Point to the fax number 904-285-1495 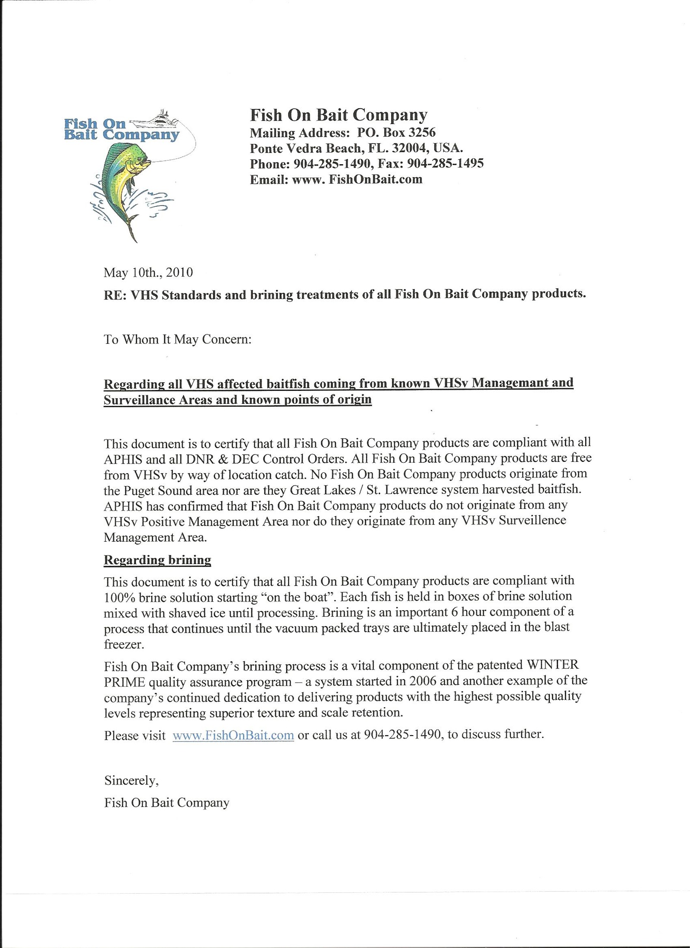point(445,163)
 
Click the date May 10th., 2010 point(148,272)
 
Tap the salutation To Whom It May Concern point(177,340)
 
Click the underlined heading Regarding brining point(157,560)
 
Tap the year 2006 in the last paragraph point(423,681)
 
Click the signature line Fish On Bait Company point(166,802)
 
